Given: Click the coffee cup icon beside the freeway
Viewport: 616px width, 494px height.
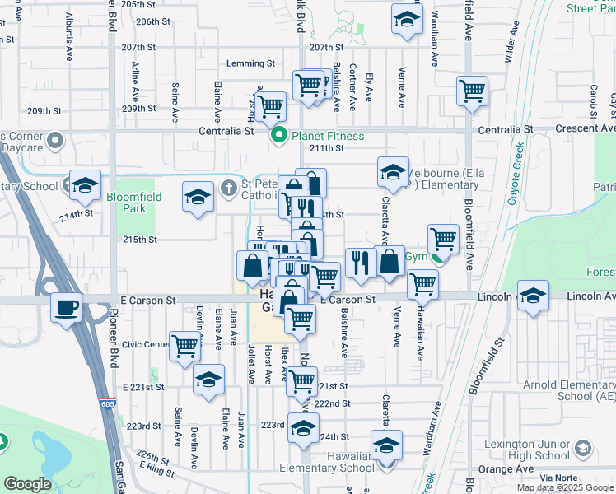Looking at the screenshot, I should point(66,309).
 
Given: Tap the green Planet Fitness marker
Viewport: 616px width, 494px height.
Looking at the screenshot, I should point(278,137).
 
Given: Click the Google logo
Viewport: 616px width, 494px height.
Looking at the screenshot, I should point(27,484).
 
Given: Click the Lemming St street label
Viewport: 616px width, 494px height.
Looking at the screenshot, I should point(251,63).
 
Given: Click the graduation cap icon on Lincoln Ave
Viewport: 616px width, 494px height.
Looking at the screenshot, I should point(533,296).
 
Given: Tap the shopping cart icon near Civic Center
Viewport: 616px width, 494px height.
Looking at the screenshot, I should point(185,346).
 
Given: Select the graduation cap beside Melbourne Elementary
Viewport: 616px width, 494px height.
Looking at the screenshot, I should point(394,172).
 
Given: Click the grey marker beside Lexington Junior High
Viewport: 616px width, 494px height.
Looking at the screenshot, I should point(583,449).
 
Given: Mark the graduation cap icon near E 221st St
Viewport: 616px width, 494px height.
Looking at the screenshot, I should point(209,380).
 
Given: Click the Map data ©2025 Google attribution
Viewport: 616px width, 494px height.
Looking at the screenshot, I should point(564,487).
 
